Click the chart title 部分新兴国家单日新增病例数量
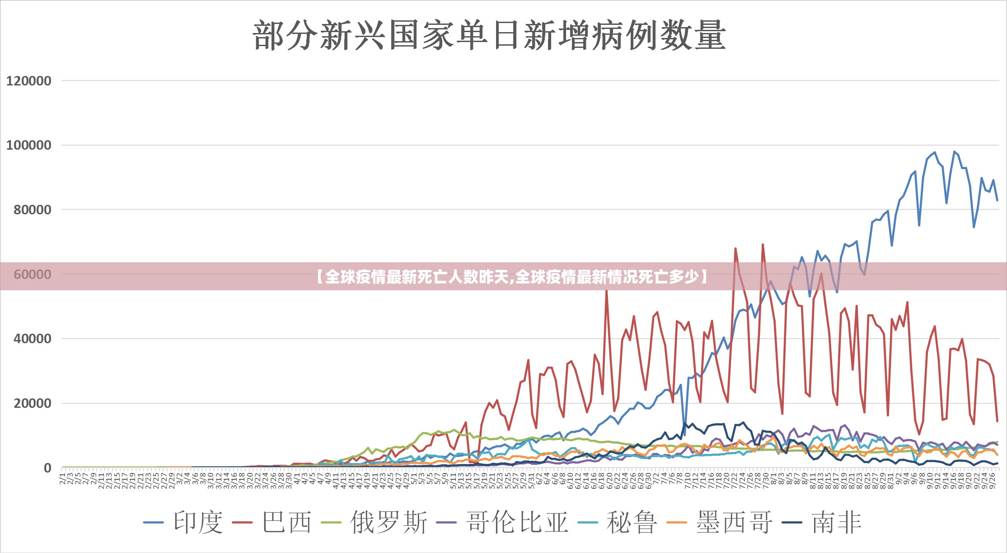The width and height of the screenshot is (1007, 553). pos(489,35)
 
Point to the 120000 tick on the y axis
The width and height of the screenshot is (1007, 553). pos(28,81)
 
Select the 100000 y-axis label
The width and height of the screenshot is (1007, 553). pos(28,145)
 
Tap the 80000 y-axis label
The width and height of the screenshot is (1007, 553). pos(32,210)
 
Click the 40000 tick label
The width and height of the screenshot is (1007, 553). pos(32,339)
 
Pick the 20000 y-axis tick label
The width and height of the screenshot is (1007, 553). pos(32,403)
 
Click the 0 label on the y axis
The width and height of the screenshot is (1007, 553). pos(47,468)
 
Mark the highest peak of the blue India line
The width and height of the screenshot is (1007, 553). pos(954,151)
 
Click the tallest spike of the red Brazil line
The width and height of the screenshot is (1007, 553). pos(763,245)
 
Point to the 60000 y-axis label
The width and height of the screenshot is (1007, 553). pos(32,274)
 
